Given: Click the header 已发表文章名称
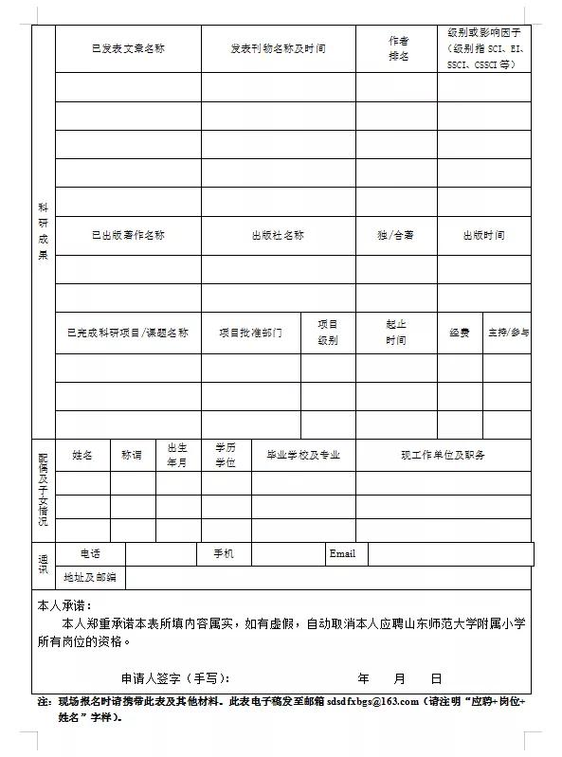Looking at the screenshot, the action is click(128, 48).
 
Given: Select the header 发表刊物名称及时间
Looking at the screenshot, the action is click(278, 48).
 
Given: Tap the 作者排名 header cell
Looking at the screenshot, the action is click(398, 48).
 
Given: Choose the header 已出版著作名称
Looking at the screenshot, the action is click(128, 235).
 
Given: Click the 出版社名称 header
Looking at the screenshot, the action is click(278, 235).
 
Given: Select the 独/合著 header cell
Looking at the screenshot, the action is click(395, 235).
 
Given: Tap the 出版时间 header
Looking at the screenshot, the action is click(483, 235).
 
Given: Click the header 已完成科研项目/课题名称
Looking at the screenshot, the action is click(128, 333).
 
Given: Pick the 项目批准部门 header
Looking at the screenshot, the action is click(250, 333).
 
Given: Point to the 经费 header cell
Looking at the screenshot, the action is click(460, 333).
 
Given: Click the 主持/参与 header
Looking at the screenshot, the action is click(508, 333).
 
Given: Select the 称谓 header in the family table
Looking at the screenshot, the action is click(132, 455).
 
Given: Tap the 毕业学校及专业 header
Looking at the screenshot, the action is click(302, 455).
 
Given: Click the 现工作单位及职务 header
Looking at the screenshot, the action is click(443, 455).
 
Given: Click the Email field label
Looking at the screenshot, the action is click(342, 553).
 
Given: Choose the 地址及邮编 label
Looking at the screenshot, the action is click(90, 576).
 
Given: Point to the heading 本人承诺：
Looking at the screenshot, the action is click(64, 604).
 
